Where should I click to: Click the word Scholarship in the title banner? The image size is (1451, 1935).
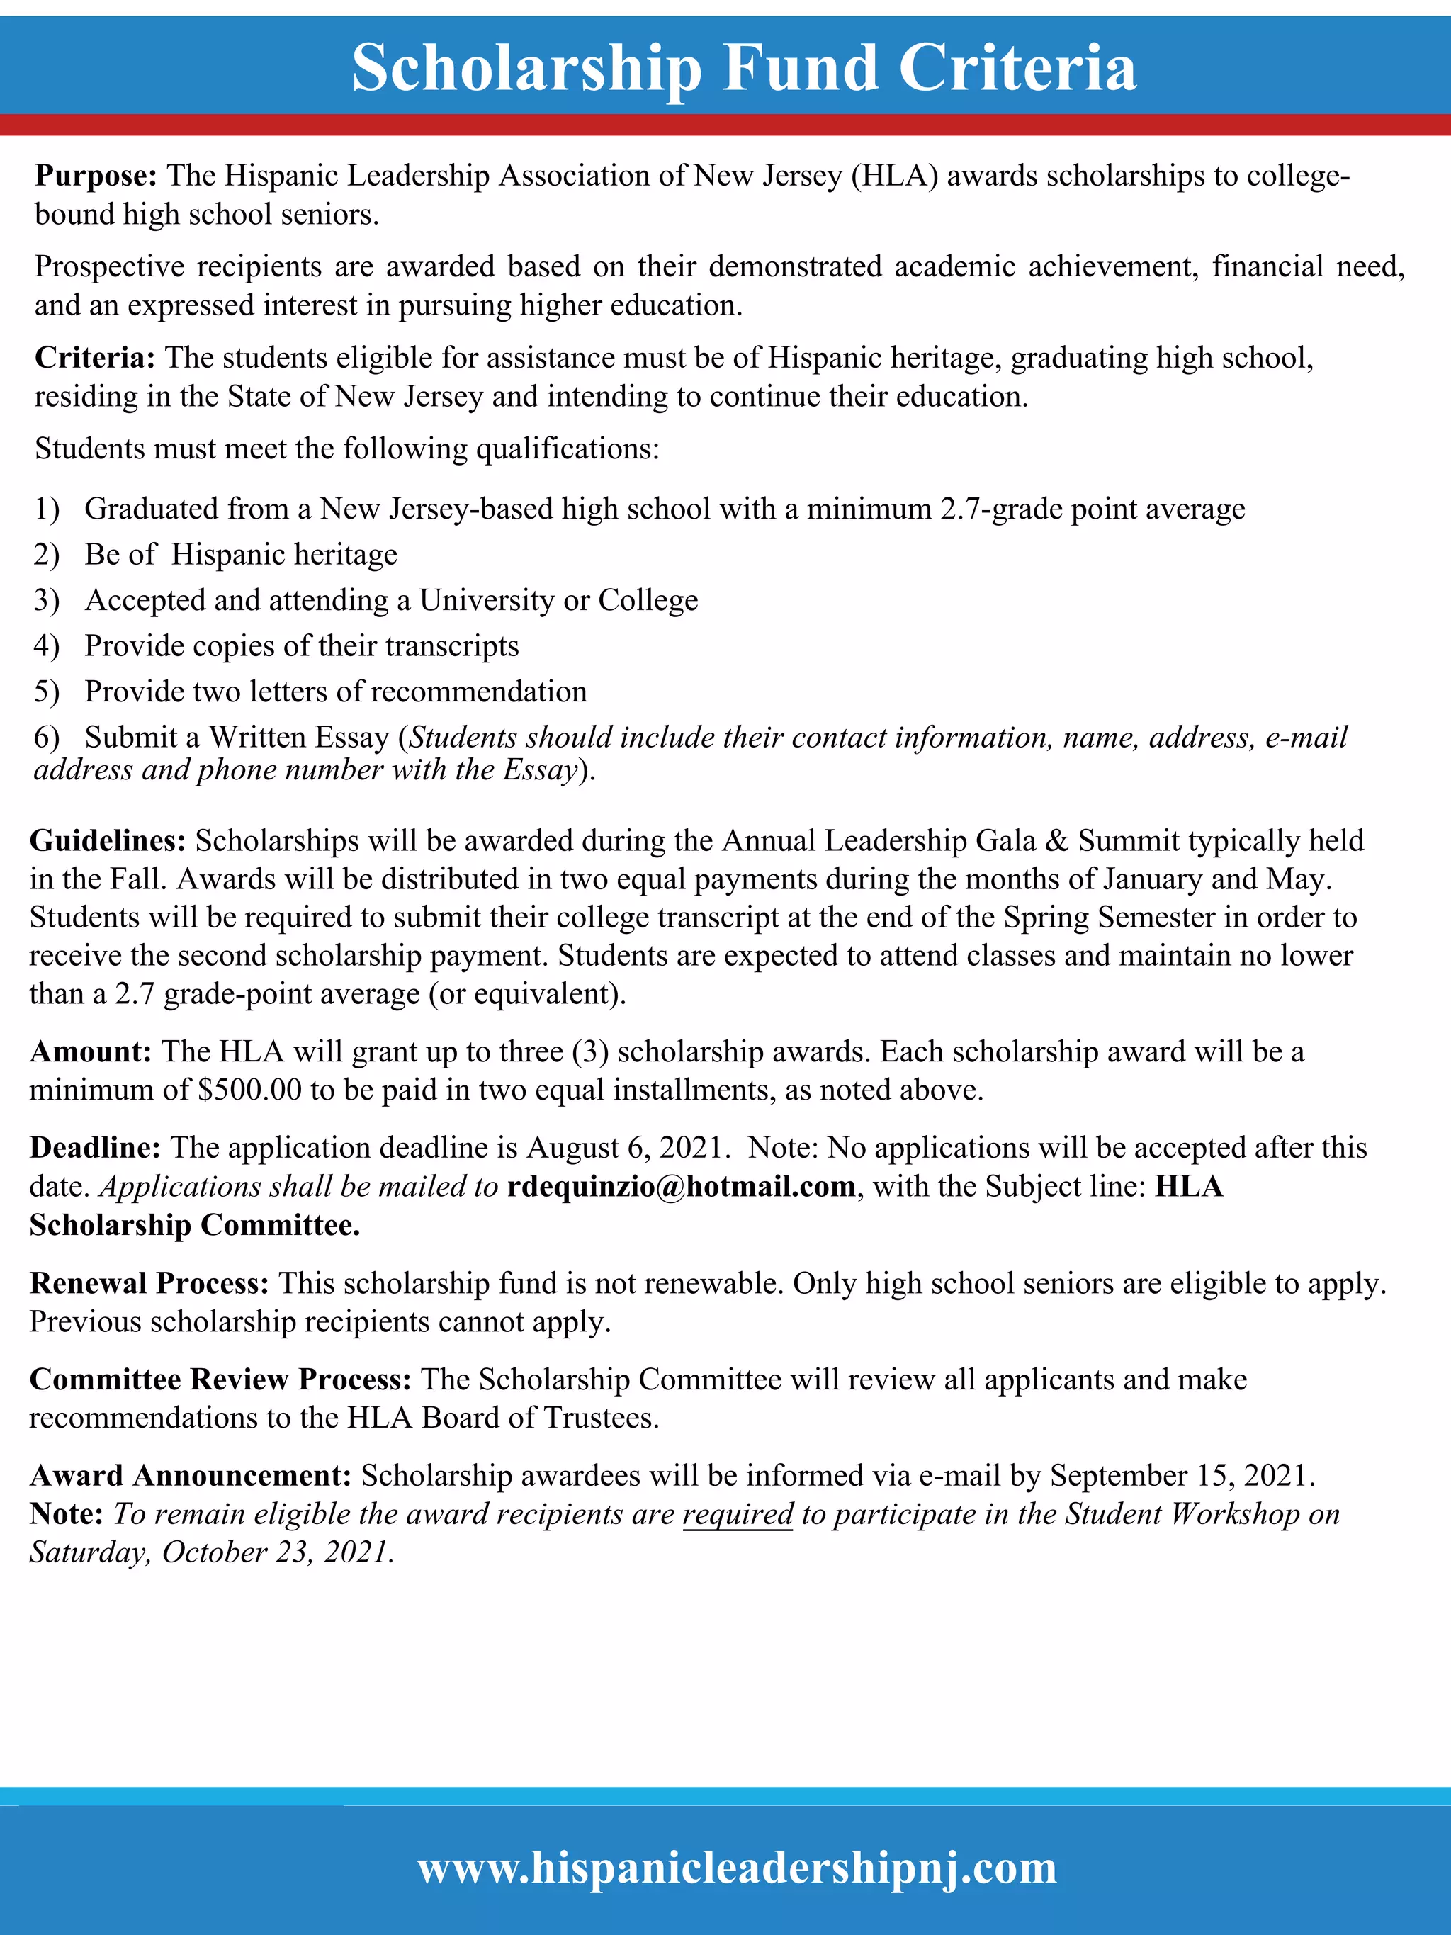click(x=526, y=68)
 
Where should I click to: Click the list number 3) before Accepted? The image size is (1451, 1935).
click(x=46, y=601)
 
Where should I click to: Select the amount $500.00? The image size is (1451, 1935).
click(x=250, y=1090)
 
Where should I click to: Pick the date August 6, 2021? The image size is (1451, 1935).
click(x=626, y=1148)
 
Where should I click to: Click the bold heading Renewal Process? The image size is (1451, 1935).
click(x=149, y=1283)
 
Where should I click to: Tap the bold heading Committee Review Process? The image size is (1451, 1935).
click(x=220, y=1380)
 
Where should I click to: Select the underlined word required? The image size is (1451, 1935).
click(x=738, y=1514)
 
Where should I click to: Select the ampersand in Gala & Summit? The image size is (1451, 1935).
click(x=1056, y=840)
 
